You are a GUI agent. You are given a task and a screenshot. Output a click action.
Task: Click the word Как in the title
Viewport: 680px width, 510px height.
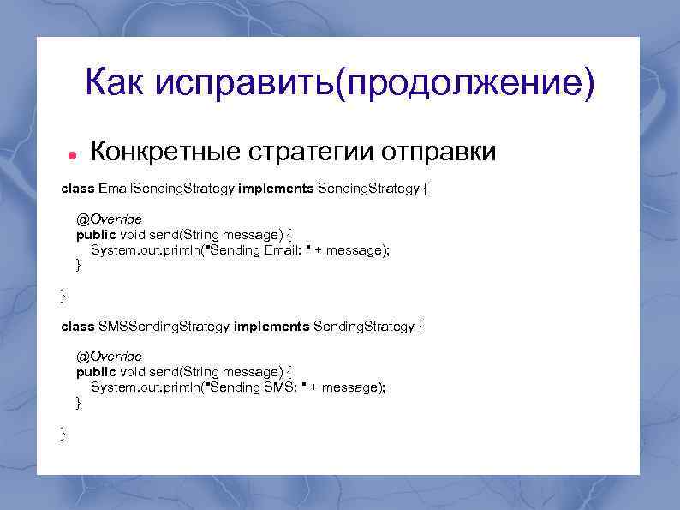click(116, 83)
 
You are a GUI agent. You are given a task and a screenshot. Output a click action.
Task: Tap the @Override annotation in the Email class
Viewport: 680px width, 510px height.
click(109, 219)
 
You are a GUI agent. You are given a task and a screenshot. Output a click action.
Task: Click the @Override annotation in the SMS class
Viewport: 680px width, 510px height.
click(109, 356)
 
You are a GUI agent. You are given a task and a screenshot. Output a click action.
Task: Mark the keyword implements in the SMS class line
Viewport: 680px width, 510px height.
click(271, 327)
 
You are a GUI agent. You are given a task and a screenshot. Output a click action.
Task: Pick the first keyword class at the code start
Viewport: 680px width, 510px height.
click(78, 188)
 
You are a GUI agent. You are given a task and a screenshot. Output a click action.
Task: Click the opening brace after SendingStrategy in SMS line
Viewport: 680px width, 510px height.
click(421, 327)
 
